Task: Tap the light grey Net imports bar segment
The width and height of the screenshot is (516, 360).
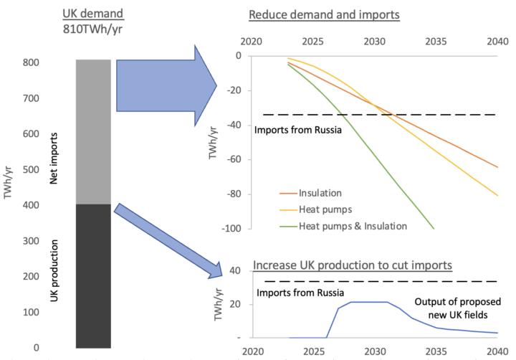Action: pos(93,132)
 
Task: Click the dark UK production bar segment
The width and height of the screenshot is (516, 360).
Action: pos(93,276)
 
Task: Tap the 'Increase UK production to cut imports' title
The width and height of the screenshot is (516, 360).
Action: pos(351,265)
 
